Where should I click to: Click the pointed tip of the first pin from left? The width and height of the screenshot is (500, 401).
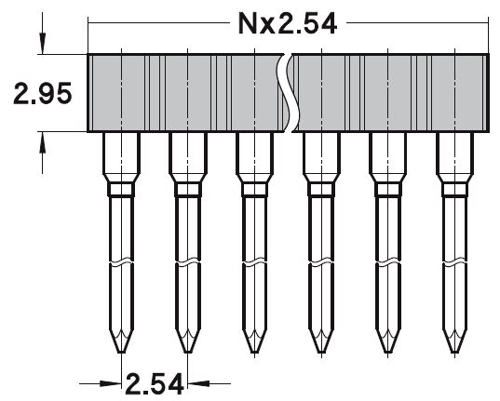121,350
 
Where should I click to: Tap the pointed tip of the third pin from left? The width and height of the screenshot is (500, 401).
253,350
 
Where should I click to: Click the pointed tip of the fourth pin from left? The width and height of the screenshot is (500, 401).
319,350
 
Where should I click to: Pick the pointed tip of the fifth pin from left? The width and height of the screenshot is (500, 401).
385,350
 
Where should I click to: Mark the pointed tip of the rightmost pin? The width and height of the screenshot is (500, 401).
453,350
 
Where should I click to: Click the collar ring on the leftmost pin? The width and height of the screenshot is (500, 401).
121,190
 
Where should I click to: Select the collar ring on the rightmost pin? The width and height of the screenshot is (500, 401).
453,190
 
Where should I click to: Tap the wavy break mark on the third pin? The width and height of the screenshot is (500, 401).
253,263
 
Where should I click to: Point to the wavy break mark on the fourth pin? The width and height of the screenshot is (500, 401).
319,263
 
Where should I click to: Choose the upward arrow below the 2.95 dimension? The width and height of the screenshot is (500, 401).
42,140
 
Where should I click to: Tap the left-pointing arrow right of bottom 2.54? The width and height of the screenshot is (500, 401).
198,381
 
